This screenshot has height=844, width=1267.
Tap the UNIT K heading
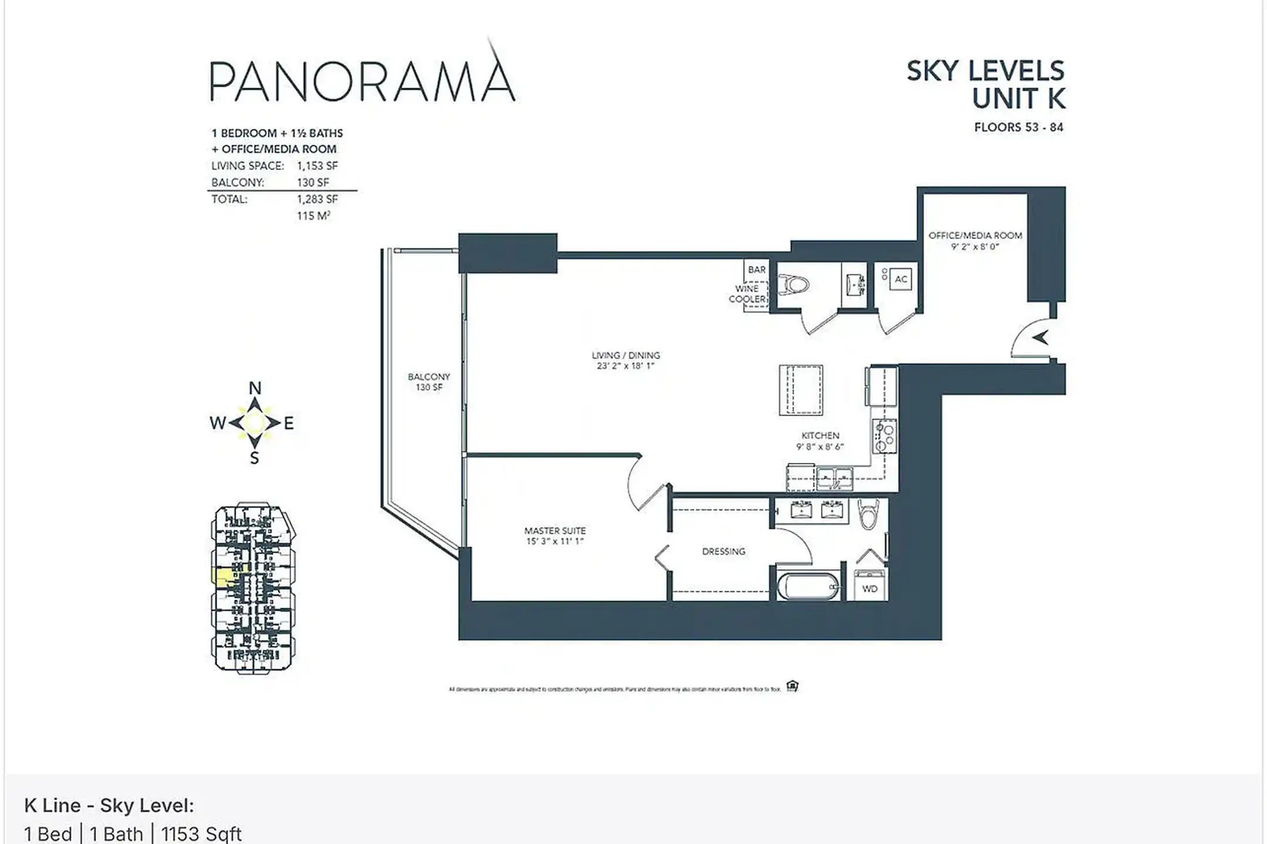[1018, 98]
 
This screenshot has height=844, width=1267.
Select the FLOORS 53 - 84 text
[1018, 127]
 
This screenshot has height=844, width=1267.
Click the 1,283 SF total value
[317, 199]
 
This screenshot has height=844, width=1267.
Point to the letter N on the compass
[255, 388]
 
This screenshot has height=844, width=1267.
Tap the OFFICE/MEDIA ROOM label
[975, 236]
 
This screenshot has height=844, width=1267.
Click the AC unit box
[901, 280]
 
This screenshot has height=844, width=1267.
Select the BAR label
[757, 270]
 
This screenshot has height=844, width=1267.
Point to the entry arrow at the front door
[1041, 338]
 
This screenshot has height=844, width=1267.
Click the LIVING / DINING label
[625, 355]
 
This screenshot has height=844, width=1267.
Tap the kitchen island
[801, 390]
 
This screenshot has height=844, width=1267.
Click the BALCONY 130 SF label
[429, 382]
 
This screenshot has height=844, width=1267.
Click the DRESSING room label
[723, 552]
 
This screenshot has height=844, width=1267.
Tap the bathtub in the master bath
[808, 587]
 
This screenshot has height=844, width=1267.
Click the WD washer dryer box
[870, 588]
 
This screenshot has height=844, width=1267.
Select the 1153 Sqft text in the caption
[201, 833]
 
